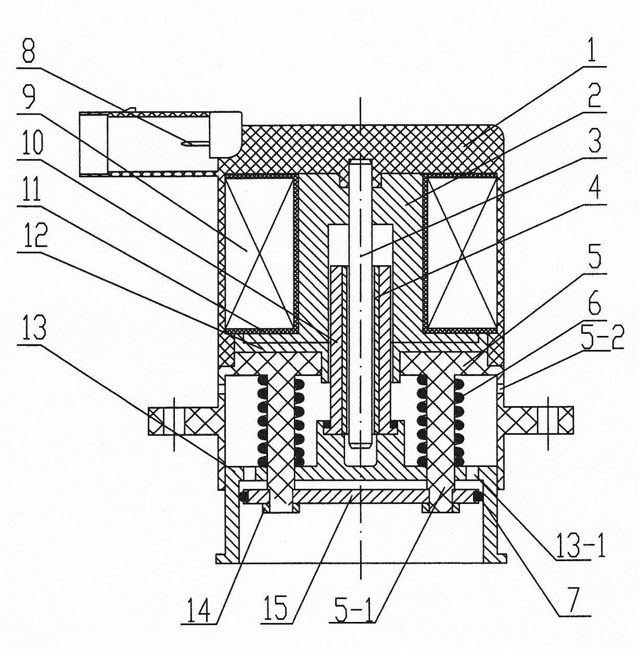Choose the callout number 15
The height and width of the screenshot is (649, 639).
pos(276,604)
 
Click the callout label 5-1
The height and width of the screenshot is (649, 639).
pos(354,604)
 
